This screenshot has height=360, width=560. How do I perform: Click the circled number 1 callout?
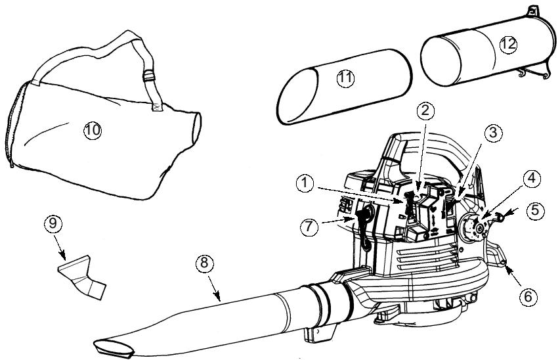coord(305,184)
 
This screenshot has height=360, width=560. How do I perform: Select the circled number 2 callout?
coord(425,111)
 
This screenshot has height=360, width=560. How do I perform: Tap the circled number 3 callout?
coord(493,133)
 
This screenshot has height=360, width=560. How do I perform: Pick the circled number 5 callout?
coord(535,211)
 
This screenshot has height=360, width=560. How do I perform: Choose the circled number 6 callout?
coord(528,297)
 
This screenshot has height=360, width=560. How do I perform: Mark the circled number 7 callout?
coord(309,227)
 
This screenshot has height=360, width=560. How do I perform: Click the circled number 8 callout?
coord(204,264)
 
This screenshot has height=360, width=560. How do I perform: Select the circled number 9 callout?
coord(53,224)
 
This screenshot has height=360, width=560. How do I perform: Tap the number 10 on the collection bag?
coord(93,130)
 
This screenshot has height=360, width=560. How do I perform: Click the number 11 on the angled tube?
coord(345,79)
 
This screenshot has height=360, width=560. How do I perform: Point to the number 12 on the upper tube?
coord(508,44)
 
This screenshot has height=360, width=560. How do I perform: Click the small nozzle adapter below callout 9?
coord(82,277)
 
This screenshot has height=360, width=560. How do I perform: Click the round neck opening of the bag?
coord(196,127)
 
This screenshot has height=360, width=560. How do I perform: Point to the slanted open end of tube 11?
coord(297,96)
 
